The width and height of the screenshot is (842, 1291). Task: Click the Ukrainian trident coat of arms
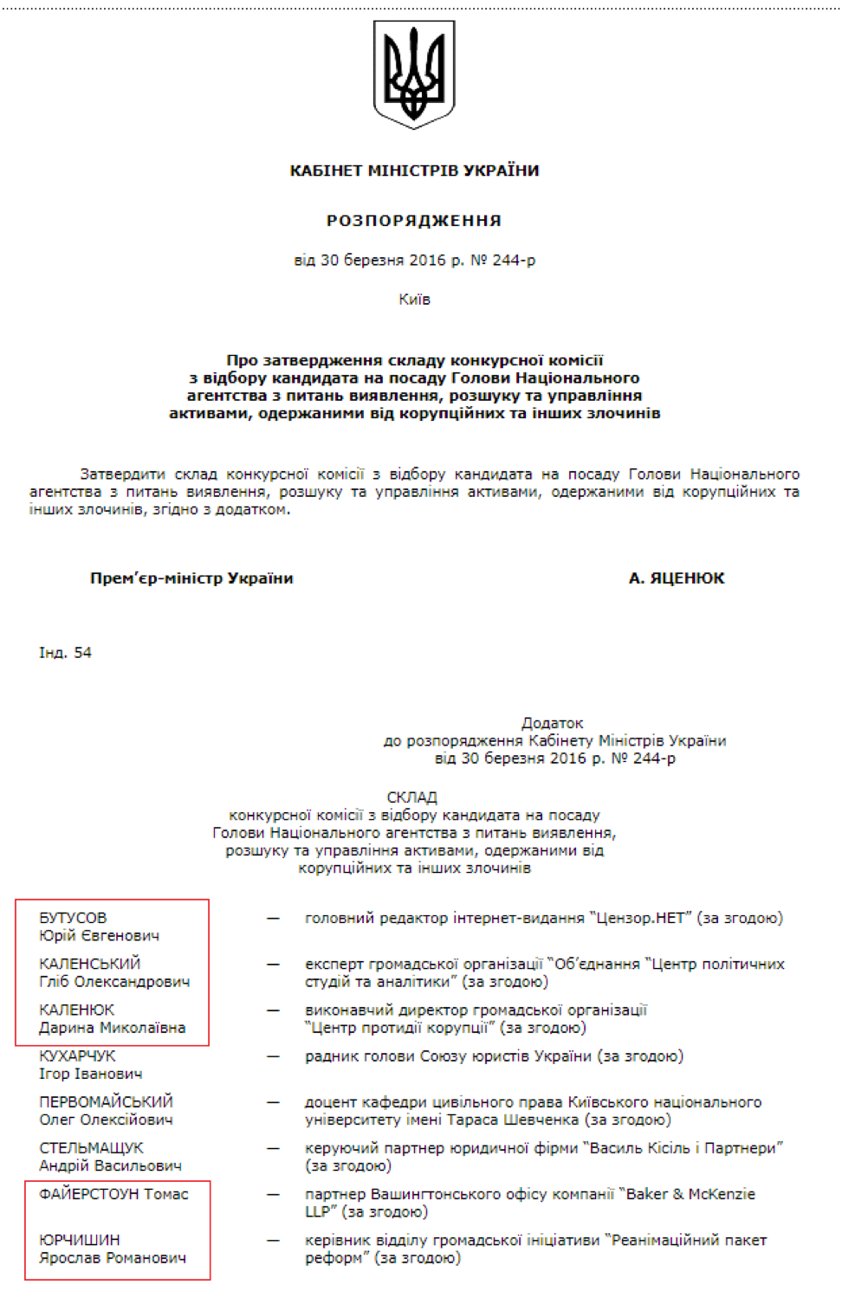(x=414, y=74)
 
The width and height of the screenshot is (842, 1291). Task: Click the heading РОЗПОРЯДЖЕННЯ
(x=414, y=221)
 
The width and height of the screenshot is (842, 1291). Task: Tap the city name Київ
(x=414, y=300)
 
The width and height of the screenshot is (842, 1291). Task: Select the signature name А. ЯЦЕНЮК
(x=677, y=578)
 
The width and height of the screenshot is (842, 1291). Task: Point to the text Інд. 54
(x=65, y=653)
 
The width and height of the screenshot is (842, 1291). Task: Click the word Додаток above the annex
(x=553, y=723)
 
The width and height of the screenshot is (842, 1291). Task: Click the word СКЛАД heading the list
(x=412, y=797)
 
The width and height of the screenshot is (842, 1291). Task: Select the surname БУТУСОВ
(x=73, y=918)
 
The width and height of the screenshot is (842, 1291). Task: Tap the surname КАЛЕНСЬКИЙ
(x=89, y=964)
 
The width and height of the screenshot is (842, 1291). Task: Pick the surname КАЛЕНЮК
(x=76, y=1010)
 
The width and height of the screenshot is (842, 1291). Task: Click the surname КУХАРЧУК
(x=77, y=1055)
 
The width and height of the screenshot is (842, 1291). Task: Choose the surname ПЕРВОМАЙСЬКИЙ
(x=106, y=1101)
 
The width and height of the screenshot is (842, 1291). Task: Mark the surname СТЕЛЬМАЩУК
(x=91, y=1147)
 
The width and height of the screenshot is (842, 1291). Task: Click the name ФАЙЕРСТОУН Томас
(x=113, y=1194)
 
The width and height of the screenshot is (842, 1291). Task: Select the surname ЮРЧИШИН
(x=79, y=1240)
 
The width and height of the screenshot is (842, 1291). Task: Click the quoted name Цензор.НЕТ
(x=642, y=918)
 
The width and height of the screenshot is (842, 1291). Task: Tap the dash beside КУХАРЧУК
(x=273, y=1056)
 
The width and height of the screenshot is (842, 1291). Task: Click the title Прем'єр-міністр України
(x=191, y=578)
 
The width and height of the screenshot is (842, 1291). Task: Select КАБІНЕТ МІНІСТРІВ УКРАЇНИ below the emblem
(x=414, y=171)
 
